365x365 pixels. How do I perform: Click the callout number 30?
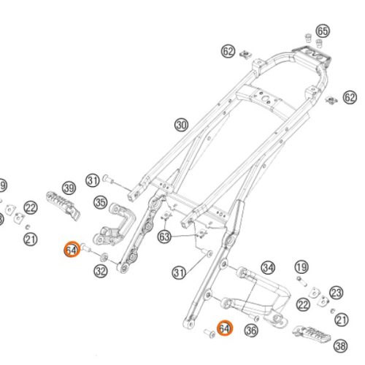pyautogui.click(x=182, y=126)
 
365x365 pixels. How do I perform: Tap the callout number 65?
pyautogui.click(x=323, y=31)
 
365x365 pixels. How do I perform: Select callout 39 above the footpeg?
pyautogui.click(x=69, y=188)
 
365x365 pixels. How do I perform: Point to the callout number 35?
pyautogui.click(x=101, y=202)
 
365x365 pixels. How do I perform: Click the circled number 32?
pyautogui.click(x=101, y=271)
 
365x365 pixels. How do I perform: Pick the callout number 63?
pyautogui.click(x=164, y=237)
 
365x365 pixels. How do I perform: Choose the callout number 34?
pyautogui.click(x=268, y=268)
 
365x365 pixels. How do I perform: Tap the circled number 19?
pyautogui.click(x=301, y=267)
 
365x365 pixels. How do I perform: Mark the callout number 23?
pyautogui.click(x=337, y=293)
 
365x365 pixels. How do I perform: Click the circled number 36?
pyautogui.click(x=251, y=331)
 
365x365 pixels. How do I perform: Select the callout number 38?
pyautogui.click(x=340, y=346)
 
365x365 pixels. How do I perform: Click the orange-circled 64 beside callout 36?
pyautogui.click(x=225, y=328)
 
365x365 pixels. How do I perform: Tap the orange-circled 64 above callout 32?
pyautogui.click(x=72, y=250)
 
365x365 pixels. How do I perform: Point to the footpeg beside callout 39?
pyautogui.click(x=64, y=206)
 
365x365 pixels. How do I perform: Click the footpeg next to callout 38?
pyautogui.click(x=312, y=334)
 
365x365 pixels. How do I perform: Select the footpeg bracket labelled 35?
pyautogui.click(x=115, y=225)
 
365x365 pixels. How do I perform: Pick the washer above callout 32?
pyautogui.click(x=104, y=256)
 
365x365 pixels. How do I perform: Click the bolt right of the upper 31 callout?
pyautogui.click(x=108, y=180)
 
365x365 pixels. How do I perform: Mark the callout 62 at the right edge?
pyautogui.click(x=350, y=98)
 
